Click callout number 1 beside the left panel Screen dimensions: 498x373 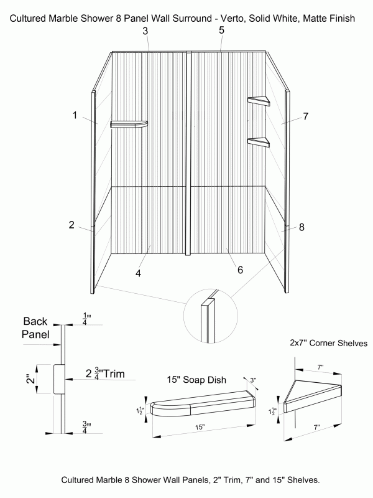pyautogui.click(x=75, y=115)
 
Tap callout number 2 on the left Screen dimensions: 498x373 pyautogui.click(x=72, y=225)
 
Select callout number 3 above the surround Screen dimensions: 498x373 pyautogui.click(x=145, y=31)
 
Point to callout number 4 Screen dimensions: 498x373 pyautogui.click(x=138, y=273)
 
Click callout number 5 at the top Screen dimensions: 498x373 pyautogui.click(x=222, y=30)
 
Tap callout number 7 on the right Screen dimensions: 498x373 pyautogui.click(x=306, y=116)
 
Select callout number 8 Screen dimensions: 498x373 pyautogui.click(x=302, y=227)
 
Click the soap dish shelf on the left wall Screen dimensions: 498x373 pyautogui.click(x=129, y=124)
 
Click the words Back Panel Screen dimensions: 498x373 pyautogui.click(x=40, y=327)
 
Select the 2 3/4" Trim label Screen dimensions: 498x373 pyautogui.click(x=106, y=374)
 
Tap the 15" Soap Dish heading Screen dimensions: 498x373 pyautogui.click(x=195, y=379)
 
